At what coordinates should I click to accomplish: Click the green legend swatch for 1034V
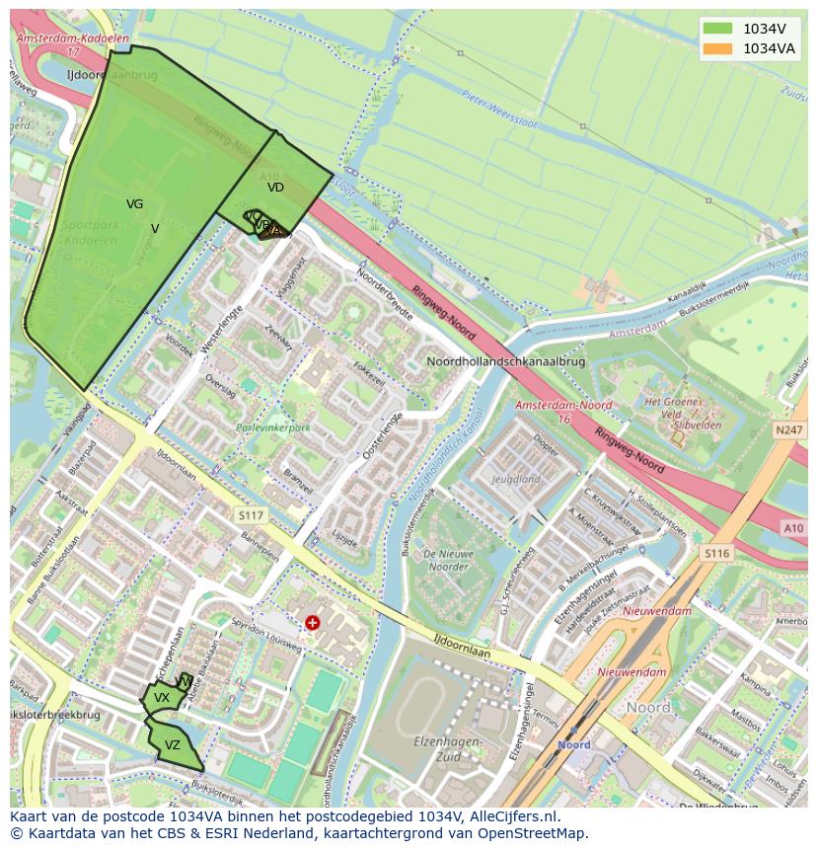point(717,29)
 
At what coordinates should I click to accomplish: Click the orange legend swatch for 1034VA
point(717,48)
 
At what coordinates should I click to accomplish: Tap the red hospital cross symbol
point(313,623)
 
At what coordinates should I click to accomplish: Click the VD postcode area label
point(275,187)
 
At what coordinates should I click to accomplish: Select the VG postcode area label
point(135,204)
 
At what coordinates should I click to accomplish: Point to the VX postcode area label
point(162,698)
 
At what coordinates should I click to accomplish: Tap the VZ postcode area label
point(173,745)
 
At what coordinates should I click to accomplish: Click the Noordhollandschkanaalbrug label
point(505,361)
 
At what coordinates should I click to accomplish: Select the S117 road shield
point(252,515)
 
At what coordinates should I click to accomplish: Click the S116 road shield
point(716,554)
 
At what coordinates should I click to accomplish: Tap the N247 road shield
point(789,430)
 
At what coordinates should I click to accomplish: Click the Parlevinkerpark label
point(273,428)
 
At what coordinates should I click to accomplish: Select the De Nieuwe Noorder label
point(440,561)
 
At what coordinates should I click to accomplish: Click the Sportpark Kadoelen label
point(90,233)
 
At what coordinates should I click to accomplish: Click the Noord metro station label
point(573,745)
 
